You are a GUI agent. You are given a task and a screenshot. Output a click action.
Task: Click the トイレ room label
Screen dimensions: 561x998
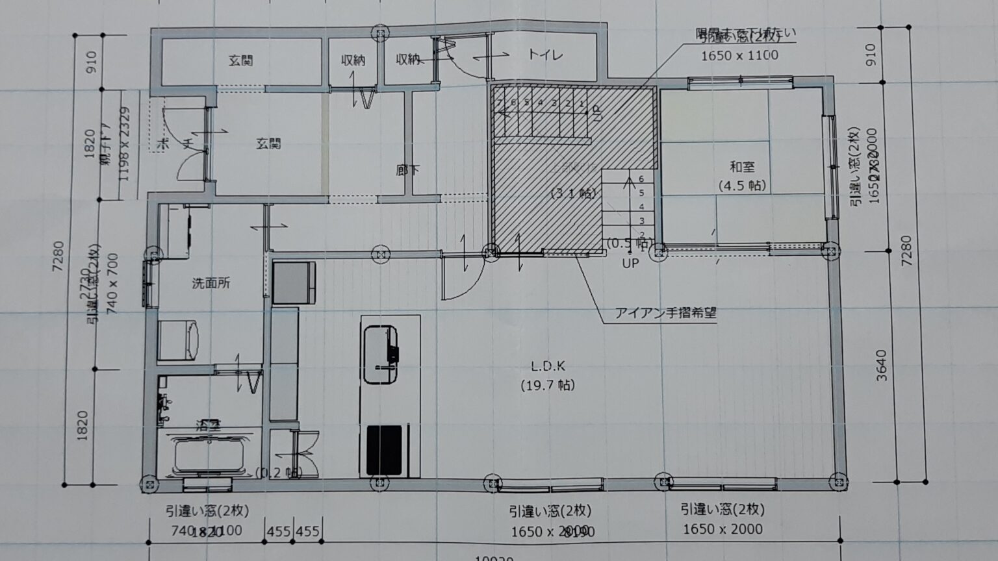[545, 55]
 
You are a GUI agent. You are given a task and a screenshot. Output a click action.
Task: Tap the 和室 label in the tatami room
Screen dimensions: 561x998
[742, 168]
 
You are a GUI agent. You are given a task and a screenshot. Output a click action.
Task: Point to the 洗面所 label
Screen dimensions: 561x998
[211, 283]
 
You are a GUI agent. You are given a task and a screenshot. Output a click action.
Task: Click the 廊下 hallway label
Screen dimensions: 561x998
[407, 170]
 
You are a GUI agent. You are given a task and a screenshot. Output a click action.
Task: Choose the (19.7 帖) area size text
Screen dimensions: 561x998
[547, 385]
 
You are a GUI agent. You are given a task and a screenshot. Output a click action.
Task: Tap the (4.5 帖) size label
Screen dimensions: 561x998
[742, 186]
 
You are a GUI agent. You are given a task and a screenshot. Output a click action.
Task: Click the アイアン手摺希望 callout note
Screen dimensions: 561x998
[666, 314]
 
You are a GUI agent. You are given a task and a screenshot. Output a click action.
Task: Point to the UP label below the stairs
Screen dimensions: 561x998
[630, 264]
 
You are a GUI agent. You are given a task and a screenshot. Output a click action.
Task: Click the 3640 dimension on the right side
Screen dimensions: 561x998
[882, 365]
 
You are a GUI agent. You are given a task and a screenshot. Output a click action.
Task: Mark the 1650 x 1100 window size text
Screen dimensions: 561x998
[739, 56]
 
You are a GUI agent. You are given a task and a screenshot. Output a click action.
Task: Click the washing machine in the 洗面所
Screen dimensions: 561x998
[179, 340]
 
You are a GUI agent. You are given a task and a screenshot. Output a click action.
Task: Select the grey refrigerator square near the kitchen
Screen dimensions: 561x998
[294, 282]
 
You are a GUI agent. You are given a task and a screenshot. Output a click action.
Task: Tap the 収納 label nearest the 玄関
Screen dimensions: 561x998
[353, 60]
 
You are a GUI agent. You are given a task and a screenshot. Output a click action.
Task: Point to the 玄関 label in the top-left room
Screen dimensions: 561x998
[240, 61]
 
